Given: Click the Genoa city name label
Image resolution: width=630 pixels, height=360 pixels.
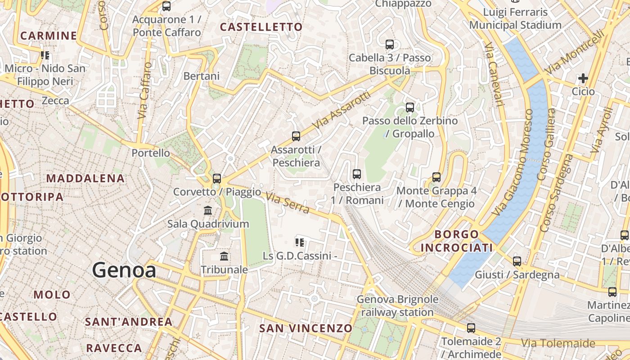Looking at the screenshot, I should [x=124, y=270].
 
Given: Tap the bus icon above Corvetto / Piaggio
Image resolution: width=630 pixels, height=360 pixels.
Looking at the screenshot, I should [x=217, y=178].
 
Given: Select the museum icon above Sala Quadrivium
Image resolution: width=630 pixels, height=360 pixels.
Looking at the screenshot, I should [x=208, y=210].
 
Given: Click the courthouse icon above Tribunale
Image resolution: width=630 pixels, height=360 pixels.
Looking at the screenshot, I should [x=224, y=256].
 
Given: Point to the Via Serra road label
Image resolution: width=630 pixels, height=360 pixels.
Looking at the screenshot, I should [x=288, y=203].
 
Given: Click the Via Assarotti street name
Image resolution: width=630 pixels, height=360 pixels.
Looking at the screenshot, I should [x=343, y=110].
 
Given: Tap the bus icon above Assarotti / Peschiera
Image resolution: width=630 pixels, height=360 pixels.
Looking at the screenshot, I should [x=296, y=136].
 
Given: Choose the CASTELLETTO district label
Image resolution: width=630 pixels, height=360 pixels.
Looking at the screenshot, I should [x=261, y=27].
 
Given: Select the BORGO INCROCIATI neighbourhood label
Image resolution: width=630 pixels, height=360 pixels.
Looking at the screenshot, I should [x=456, y=241].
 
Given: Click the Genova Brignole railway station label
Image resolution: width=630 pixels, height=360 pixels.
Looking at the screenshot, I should [x=397, y=306].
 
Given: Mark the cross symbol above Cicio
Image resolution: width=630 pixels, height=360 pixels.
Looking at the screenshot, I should [x=583, y=78].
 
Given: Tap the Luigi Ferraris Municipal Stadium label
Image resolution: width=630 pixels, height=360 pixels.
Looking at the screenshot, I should [x=515, y=18].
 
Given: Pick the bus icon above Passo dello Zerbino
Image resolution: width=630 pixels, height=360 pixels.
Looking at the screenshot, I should [x=410, y=107].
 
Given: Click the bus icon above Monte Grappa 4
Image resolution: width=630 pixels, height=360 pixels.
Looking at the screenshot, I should [x=436, y=177].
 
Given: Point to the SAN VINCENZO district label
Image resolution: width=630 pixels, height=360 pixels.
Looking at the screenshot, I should [x=306, y=328].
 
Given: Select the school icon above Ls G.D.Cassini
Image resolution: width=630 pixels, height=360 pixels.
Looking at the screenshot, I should [x=300, y=243].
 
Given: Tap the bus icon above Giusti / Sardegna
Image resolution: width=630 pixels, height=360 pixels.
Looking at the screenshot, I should [x=517, y=261].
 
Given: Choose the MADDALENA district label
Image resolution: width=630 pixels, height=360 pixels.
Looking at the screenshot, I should [x=79, y=178].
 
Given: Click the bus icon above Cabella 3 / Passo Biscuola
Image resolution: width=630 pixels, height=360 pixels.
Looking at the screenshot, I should [x=390, y=44].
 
